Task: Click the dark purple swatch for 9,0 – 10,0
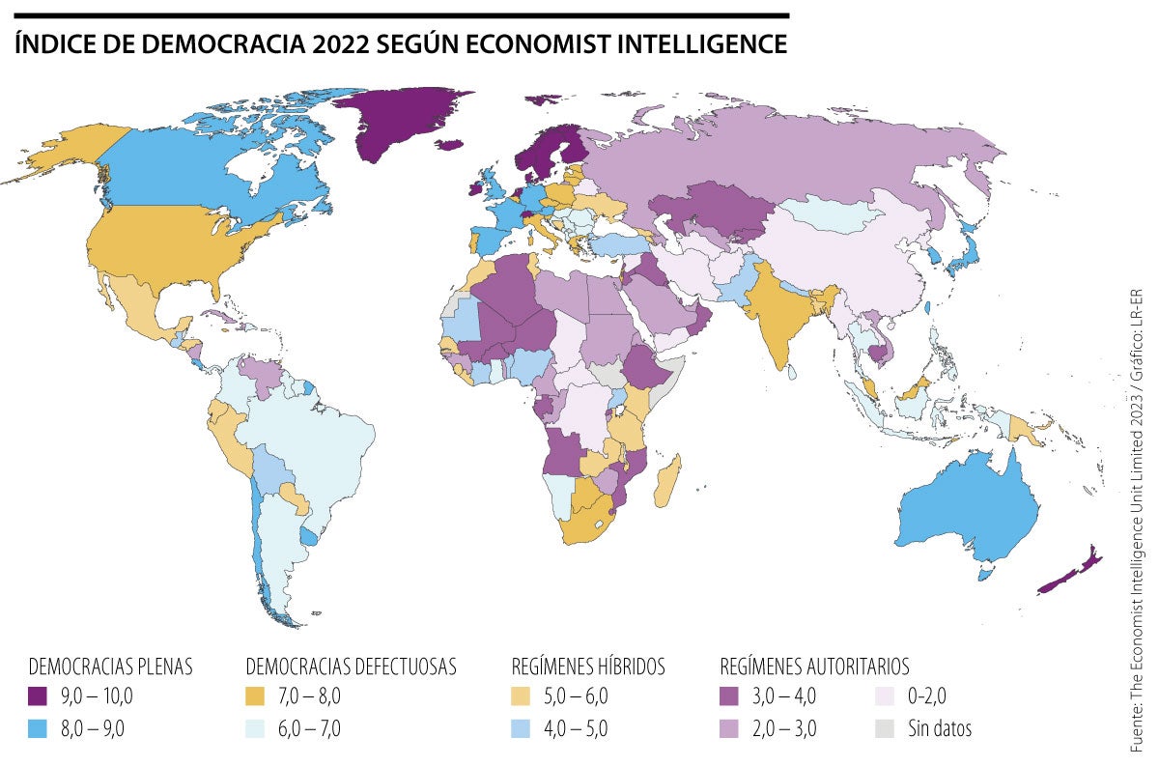(x=38, y=695)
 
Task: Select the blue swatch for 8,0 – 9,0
(x=38, y=728)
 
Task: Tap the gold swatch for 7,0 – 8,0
(x=255, y=695)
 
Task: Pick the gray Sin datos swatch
(x=884, y=728)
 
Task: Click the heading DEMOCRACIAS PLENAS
(x=111, y=667)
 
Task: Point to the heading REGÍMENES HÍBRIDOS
(x=587, y=667)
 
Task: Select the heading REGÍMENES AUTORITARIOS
(x=814, y=667)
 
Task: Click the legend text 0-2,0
(x=928, y=695)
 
